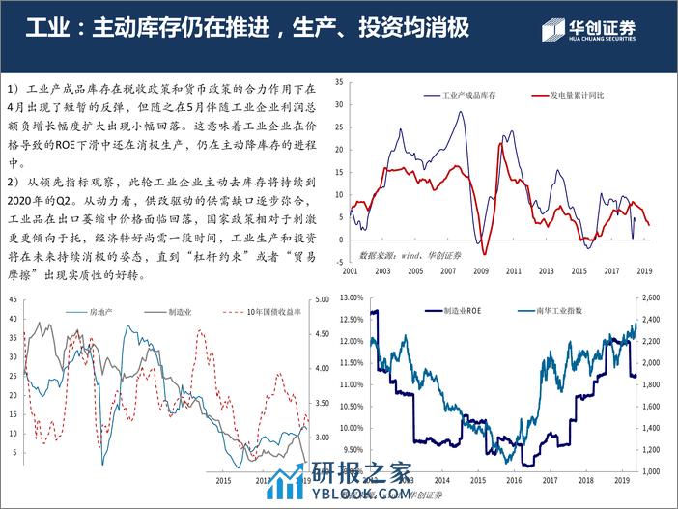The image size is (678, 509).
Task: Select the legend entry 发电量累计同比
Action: point(578,97)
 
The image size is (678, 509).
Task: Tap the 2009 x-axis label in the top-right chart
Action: point(481,271)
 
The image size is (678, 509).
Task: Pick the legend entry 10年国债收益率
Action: point(268,312)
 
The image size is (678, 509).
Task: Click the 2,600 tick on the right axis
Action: point(651,297)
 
